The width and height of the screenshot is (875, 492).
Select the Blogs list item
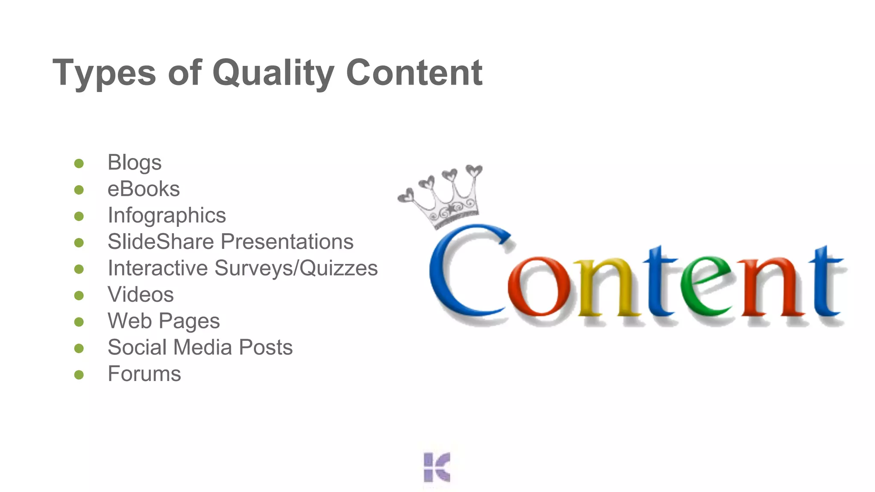pyautogui.click(x=135, y=163)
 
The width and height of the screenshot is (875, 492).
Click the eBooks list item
pyautogui.click(x=144, y=189)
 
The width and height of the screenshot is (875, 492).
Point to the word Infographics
pyautogui.click(x=167, y=216)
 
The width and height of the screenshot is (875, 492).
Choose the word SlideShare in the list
pyautogui.click(x=161, y=242)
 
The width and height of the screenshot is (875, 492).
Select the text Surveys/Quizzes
pyautogui.click(x=296, y=269)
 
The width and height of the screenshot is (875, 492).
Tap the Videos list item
pyautogui.click(x=141, y=295)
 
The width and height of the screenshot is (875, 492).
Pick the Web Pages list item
pyautogui.click(x=164, y=321)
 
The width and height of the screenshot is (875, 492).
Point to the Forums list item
pyautogui.click(x=144, y=374)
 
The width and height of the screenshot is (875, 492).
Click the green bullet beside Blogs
pyautogui.click(x=79, y=164)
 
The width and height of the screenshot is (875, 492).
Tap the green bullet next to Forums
pyautogui.click(x=79, y=375)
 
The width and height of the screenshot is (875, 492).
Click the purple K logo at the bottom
pyautogui.click(x=437, y=467)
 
